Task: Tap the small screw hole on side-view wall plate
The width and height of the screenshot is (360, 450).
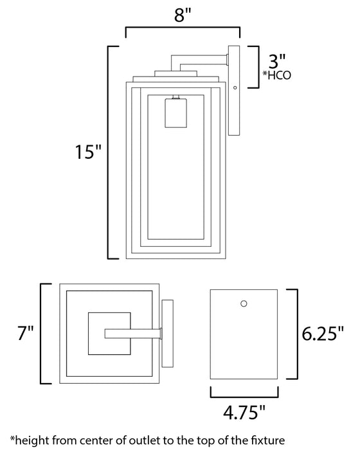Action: (235, 87)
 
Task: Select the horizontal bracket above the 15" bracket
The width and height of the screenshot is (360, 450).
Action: (183, 28)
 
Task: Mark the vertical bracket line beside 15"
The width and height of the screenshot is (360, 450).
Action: (108, 152)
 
